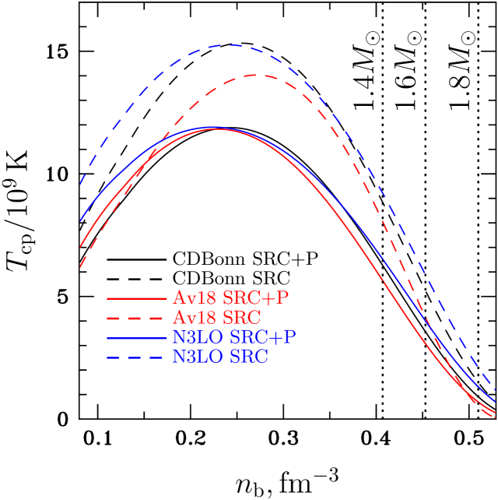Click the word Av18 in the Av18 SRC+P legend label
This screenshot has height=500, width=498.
(x=195, y=298)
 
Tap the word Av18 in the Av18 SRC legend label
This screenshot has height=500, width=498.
(x=195, y=319)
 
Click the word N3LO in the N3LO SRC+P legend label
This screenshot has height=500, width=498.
(x=195, y=338)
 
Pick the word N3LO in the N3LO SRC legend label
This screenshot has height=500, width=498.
(x=195, y=357)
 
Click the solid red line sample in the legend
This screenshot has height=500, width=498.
(x=137, y=299)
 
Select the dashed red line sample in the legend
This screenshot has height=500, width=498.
(x=137, y=319)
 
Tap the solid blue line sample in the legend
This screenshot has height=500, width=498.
(x=137, y=338)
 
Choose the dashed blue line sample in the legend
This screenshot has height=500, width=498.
(x=137, y=357)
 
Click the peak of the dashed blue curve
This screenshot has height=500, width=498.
(x=232, y=45)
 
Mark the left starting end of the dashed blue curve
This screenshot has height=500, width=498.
(x=80, y=185)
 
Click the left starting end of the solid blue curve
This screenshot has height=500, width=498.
(x=80, y=221)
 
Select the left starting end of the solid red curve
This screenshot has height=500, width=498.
(x=80, y=247)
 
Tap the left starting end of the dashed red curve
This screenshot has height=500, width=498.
(x=80, y=267)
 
